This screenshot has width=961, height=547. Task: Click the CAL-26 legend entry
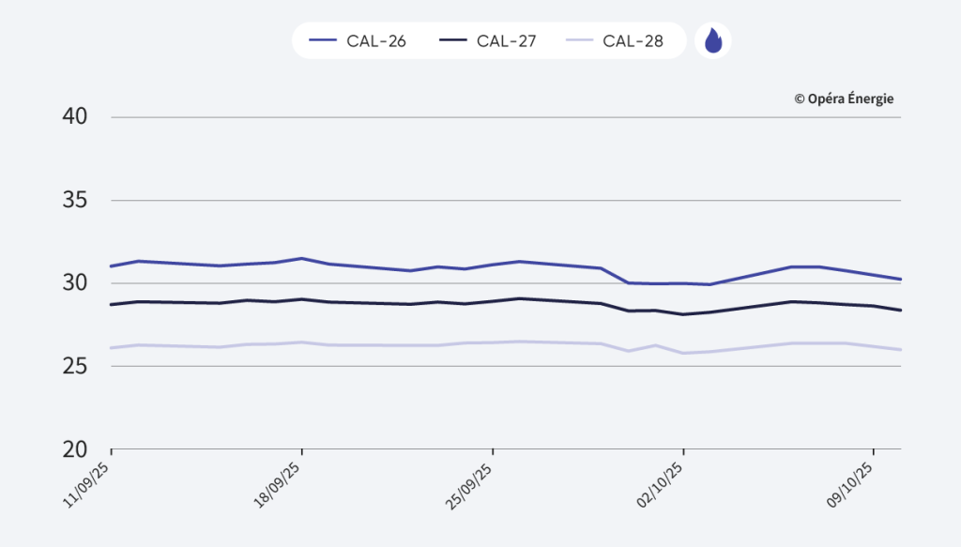tap(358, 41)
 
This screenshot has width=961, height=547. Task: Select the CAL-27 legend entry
tap(489, 41)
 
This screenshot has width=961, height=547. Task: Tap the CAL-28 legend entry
tap(616, 41)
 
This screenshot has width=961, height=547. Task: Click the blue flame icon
tap(713, 41)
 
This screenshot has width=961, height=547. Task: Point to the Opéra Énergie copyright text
tap(844, 98)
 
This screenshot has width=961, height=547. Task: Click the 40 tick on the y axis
tap(74, 117)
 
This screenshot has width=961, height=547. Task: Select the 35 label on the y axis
tap(74, 200)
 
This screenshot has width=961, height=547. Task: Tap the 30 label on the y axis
tap(74, 282)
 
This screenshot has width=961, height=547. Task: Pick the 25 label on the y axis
tap(74, 365)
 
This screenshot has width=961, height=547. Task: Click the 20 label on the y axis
tap(74, 448)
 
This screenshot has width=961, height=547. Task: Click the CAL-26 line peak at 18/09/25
tap(301, 258)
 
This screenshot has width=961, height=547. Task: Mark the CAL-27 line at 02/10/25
tap(683, 314)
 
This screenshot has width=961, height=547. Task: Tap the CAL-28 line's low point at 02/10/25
tap(683, 353)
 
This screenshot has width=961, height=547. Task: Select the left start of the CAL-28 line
tap(112, 347)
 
